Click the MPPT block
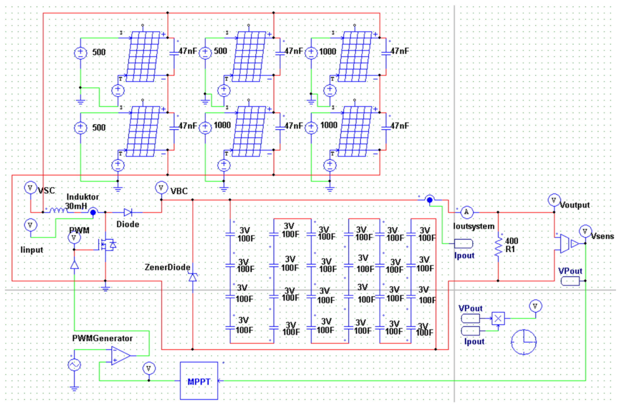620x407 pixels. (199, 381)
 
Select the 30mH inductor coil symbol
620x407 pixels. (58, 211)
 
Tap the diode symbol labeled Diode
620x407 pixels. (128, 212)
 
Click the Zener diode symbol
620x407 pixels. (193, 277)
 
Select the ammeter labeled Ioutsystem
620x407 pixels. (467, 212)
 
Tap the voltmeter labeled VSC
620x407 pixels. (30, 188)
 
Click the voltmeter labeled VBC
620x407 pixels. (161, 188)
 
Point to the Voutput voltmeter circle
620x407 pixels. (554, 200)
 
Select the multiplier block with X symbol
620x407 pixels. (498, 318)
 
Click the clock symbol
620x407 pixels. (524, 342)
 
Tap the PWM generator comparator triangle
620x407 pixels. (120, 356)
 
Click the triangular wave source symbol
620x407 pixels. (74, 365)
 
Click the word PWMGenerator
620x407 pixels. (102, 338)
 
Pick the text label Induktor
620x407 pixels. (83, 197)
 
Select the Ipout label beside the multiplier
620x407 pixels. (474, 341)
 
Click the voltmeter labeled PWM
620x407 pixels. (74, 238)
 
